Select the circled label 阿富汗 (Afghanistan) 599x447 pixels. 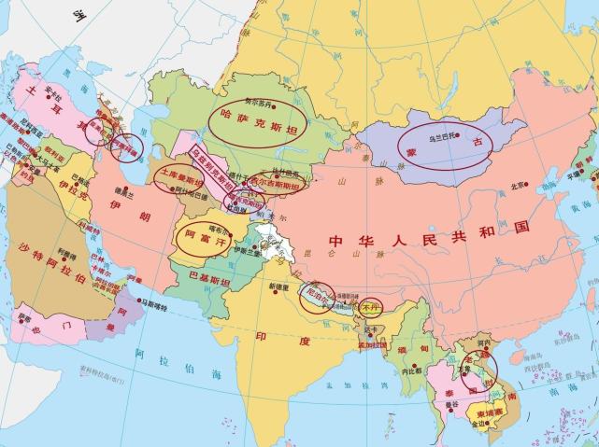point(203,237)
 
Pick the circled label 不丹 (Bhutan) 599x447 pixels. point(372,304)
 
